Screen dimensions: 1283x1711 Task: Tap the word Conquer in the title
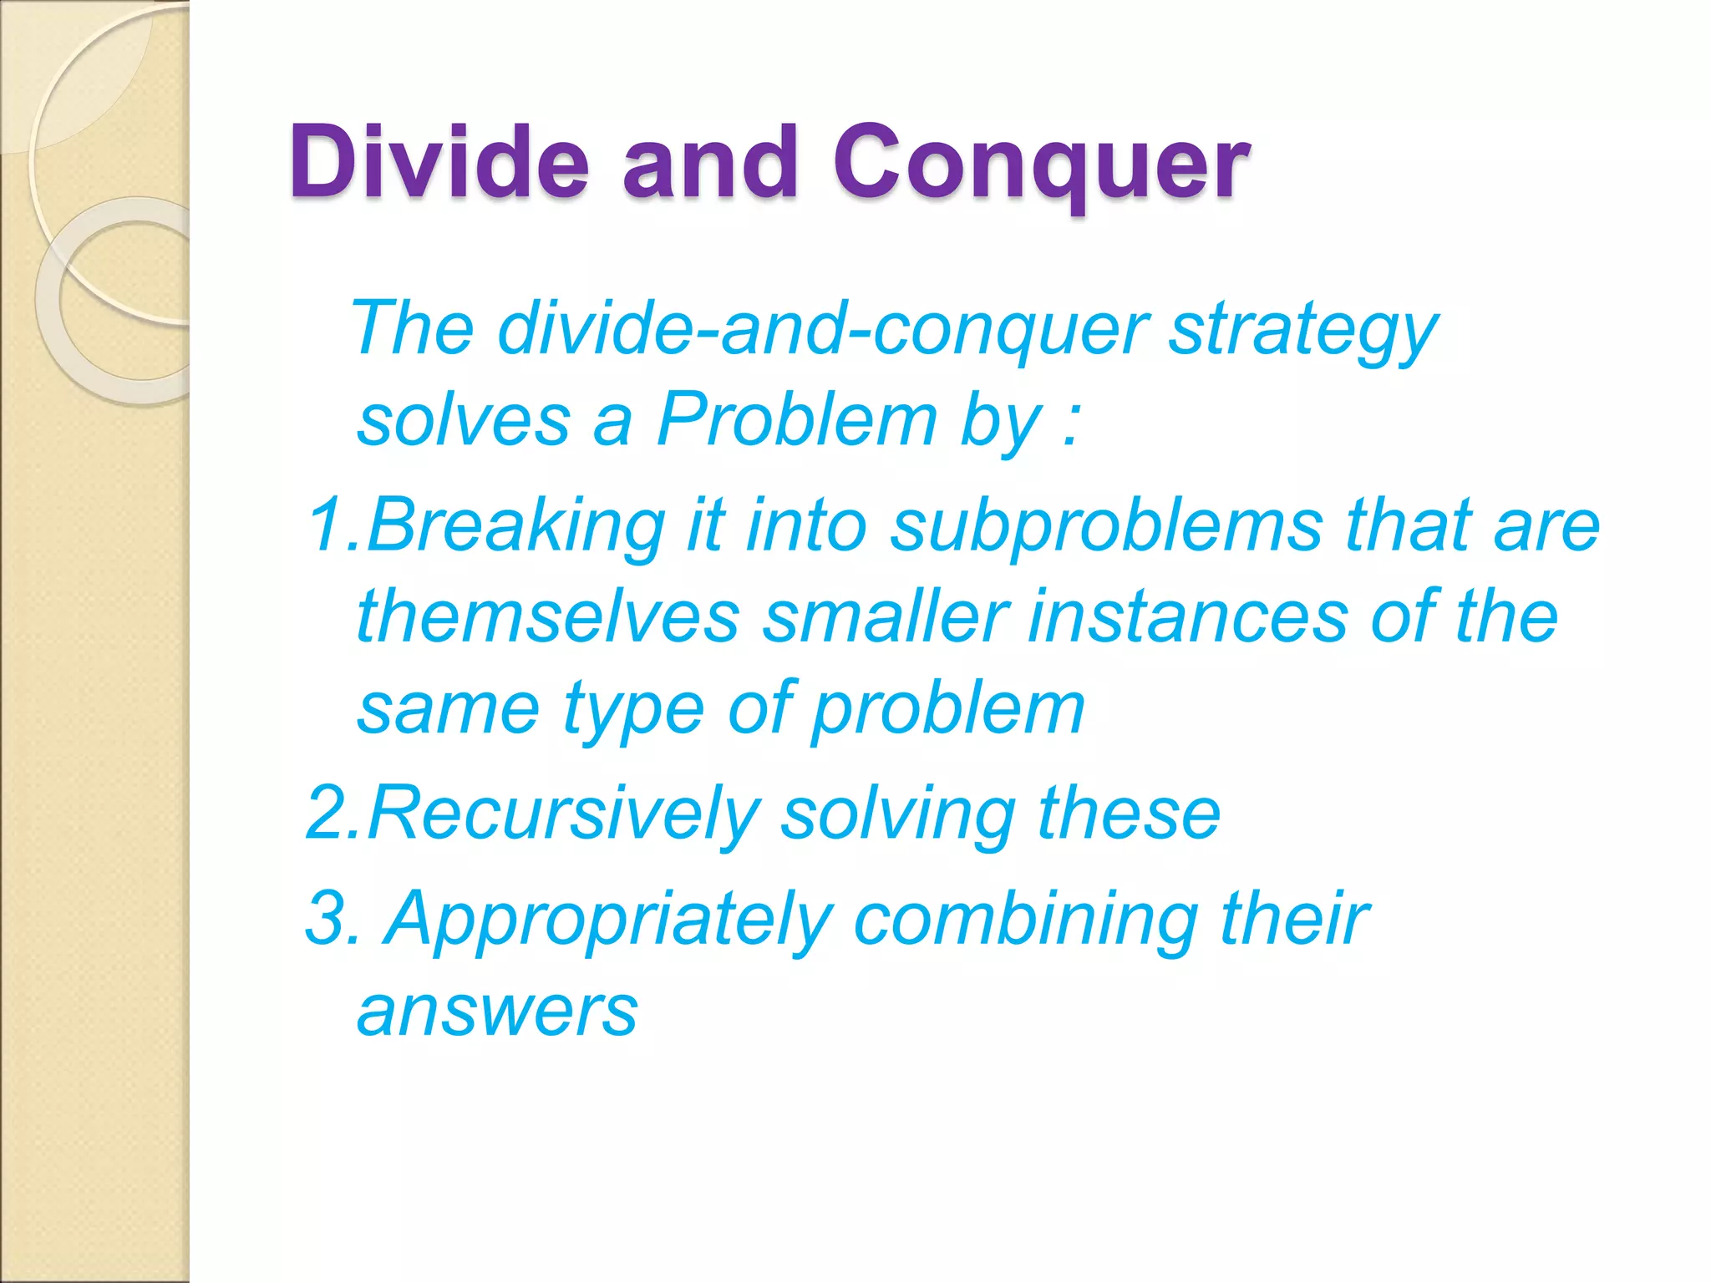(x=1041, y=163)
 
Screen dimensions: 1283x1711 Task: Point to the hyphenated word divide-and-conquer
(x=823, y=329)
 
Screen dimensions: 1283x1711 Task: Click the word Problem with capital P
(x=797, y=420)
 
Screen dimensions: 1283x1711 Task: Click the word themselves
(x=548, y=616)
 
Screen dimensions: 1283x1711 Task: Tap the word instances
(x=1187, y=616)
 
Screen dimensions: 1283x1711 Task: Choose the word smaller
(x=886, y=616)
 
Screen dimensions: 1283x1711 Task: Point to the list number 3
(x=325, y=917)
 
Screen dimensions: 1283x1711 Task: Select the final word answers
(x=498, y=1011)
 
